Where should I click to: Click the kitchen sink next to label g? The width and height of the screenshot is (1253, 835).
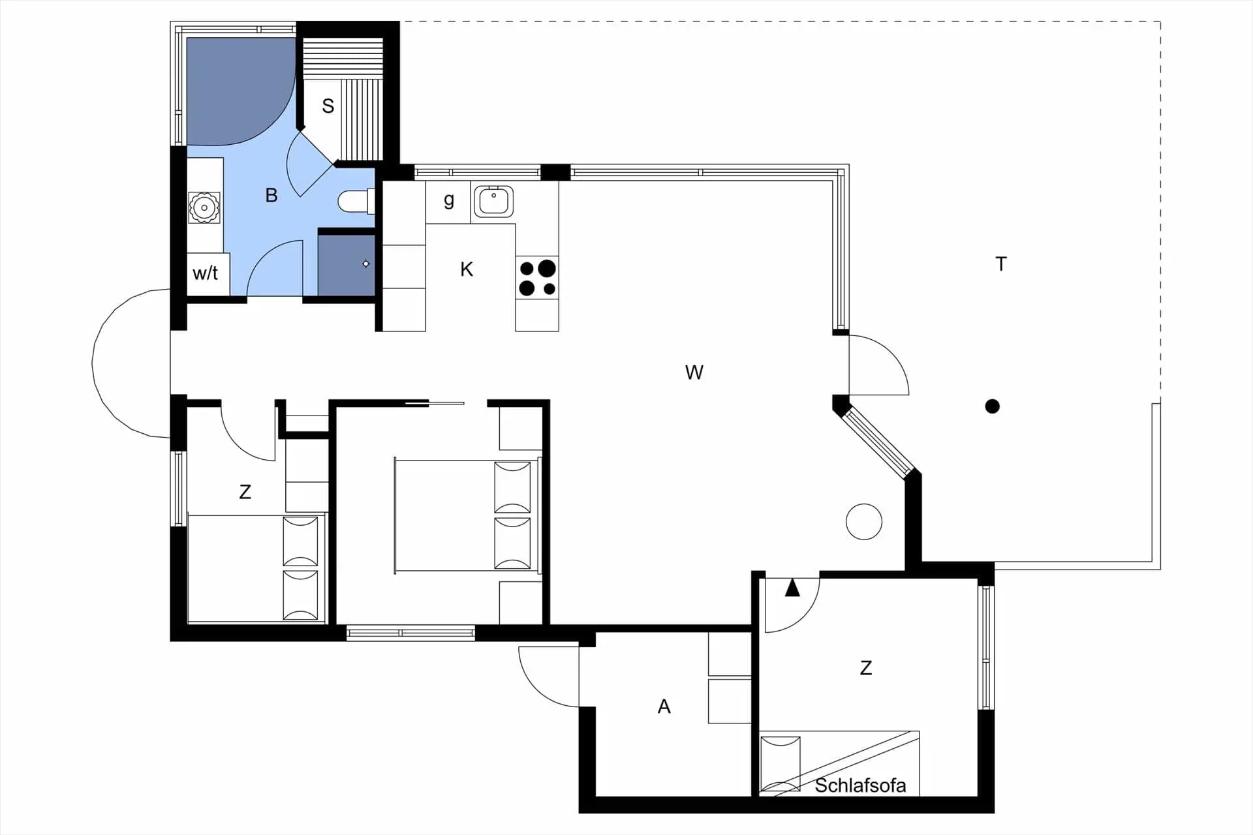(493, 202)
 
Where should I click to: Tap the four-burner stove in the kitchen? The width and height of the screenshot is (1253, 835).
(537, 278)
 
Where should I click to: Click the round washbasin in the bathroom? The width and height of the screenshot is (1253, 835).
(204, 207)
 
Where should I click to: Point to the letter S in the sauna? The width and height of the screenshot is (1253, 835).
(328, 106)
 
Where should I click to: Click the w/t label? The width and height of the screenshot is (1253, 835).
(205, 273)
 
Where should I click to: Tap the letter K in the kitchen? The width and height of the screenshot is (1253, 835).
(466, 269)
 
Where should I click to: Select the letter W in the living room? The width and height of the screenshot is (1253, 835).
(694, 372)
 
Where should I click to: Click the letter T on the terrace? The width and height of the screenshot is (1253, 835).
(1001, 264)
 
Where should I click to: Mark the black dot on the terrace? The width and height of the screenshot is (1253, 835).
(992, 406)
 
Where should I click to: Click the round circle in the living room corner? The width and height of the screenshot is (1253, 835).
(863, 522)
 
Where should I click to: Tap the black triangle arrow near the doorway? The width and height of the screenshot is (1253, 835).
(792, 588)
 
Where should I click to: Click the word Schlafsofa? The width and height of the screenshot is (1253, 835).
(860, 785)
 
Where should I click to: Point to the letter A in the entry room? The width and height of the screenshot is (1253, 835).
(664, 706)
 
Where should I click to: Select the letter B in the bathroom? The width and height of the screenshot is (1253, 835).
(271, 195)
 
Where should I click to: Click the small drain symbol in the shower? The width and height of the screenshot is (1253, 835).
(366, 264)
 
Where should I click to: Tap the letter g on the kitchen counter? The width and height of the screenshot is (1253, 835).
(448, 200)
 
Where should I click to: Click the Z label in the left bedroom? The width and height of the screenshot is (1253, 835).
(245, 492)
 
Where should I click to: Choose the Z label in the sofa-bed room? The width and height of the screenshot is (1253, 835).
(865, 668)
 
